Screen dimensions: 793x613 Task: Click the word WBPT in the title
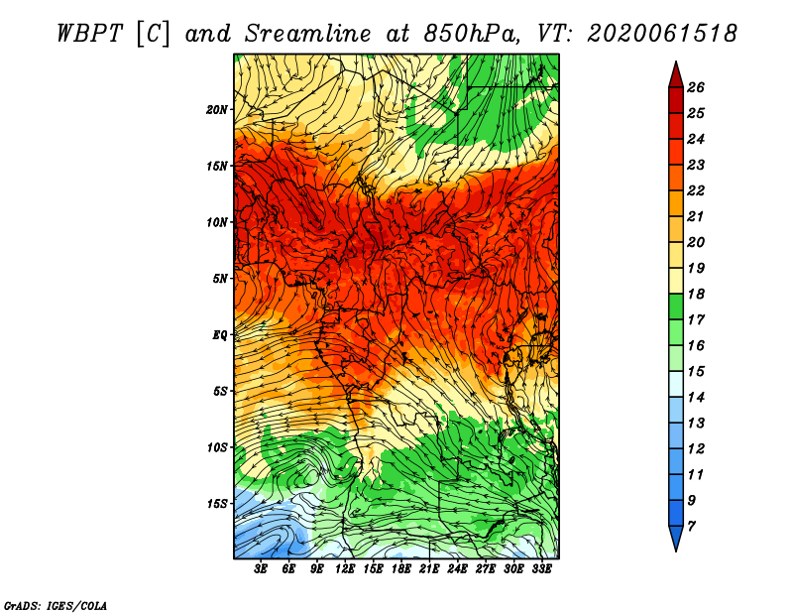click(x=90, y=34)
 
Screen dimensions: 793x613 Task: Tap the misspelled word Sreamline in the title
click(x=307, y=34)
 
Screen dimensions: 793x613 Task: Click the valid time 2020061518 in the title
click(x=662, y=34)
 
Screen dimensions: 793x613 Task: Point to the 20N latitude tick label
click(x=217, y=110)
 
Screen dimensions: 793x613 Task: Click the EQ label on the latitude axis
click(x=220, y=334)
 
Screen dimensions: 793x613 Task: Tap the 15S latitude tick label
click(x=217, y=504)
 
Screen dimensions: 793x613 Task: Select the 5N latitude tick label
click(x=220, y=279)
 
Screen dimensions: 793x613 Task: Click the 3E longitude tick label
click(x=261, y=569)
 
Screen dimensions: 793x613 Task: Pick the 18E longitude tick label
click(x=400, y=569)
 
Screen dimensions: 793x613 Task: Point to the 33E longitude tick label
click(x=541, y=569)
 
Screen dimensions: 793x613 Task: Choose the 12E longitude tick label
click(x=344, y=569)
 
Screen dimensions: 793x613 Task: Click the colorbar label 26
click(x=696, y=87)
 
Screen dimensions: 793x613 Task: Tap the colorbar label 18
click(x=696, y=294)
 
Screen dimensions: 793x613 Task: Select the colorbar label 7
click(x=691, y=526)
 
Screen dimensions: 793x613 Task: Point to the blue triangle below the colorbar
click(x=676, y=537)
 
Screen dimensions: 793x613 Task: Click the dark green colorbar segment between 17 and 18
click(x=676, y=306)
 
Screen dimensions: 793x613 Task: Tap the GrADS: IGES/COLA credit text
click(x=56, y=605)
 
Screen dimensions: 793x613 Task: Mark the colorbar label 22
click(x=696, y=190)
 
